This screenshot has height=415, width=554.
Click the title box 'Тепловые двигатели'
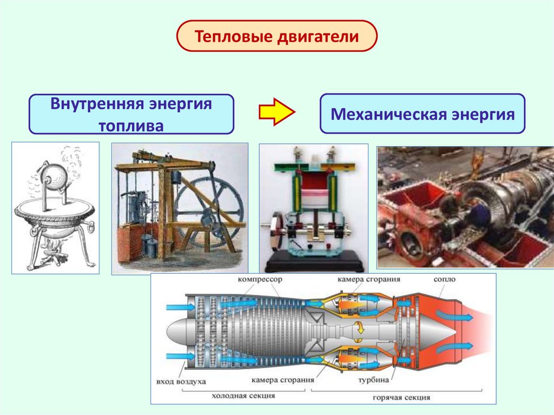276,37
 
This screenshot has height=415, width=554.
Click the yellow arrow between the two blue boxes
276,112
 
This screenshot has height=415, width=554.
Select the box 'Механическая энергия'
422,114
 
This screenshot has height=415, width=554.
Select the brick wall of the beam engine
128,247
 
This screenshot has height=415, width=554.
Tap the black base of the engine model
313,263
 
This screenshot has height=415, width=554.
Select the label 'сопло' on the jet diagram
444,280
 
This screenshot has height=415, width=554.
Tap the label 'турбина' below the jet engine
374,379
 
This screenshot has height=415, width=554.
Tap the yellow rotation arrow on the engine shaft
359,327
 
